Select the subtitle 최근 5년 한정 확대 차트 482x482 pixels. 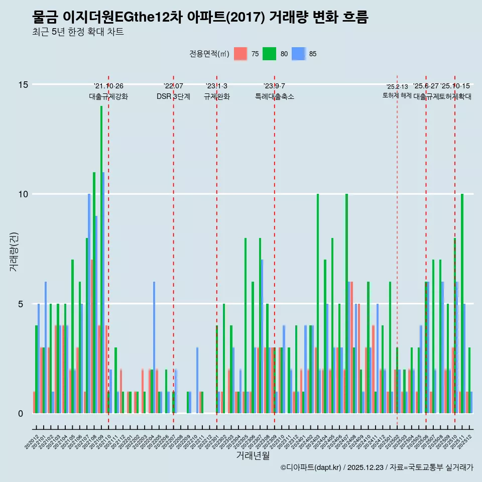pyautogui.click(x=77, y=32)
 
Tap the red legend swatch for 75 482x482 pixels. pyautogui.click(x=241, y=54)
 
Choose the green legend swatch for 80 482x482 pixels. pyautogui.click(x=270, y=54)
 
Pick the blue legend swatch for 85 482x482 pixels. pyautogui.click(x=299, y=54)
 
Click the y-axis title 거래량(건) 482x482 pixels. pyautogui.click(x=14, y=251)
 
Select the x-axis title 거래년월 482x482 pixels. pyautogui.click(x=253, y=456)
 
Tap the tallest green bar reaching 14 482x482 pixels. pyautogui.click(x=101, y=259)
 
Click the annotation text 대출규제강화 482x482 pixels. pyautogui.click(x=108, y=97)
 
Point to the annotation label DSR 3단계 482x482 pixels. pyautogui.click(x=173, y=97)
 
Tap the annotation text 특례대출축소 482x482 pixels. pyautogui.click(x=274, y=97)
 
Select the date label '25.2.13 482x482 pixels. pyautogui.click(x=397, y=87)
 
